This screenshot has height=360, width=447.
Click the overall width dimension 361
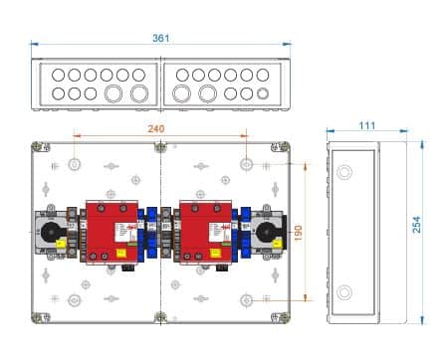coord(161,38)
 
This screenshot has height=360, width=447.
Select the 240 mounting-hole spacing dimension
coord(154,128)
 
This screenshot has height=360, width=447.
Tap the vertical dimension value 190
coord(297,232)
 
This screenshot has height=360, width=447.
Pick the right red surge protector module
coord(205,234)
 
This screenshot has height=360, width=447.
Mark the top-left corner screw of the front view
coord(37,147)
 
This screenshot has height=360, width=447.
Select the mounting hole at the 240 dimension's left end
coord(75,163)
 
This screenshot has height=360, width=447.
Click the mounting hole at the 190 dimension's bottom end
coord(245,300)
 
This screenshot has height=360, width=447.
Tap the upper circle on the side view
coord(344,172)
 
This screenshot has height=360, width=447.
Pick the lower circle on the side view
coord(344,292)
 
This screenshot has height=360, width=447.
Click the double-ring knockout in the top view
coord(263,95)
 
